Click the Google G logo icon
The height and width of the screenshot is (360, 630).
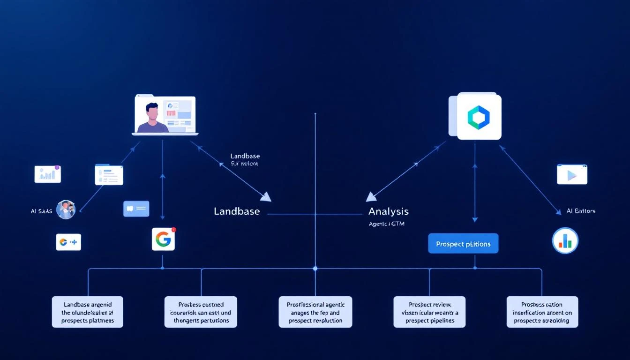coord(163,239)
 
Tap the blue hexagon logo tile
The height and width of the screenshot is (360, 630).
coord(479,117)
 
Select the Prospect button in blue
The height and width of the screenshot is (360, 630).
coord(463,244)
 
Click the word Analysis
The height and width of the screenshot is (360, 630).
coord(388,211)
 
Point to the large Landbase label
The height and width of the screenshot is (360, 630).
coord(237,211)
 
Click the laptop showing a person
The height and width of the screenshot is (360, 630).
coord(165,116)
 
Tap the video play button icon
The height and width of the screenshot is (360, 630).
coord(572,174)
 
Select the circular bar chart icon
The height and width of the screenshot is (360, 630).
coord(565,240)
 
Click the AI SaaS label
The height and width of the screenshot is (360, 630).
coord(41,211)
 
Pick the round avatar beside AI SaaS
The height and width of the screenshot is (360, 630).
coord(66,210)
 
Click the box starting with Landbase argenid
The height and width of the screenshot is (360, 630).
coord(87,312)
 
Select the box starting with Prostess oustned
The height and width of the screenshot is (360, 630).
coord(201,312)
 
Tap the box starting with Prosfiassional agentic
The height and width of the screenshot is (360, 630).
coord(315,312)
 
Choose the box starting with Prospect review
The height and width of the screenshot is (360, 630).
coord(430,312)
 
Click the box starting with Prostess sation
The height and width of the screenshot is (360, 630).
coord(542,312)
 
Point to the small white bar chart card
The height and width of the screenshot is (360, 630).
coord(48,174)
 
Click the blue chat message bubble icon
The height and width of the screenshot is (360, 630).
coord(136,209)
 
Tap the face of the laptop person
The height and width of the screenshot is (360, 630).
coord(151,112)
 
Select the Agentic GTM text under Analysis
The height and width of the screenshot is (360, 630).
coord(387,224)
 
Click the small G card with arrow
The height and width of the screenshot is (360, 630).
coord(68,242)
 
